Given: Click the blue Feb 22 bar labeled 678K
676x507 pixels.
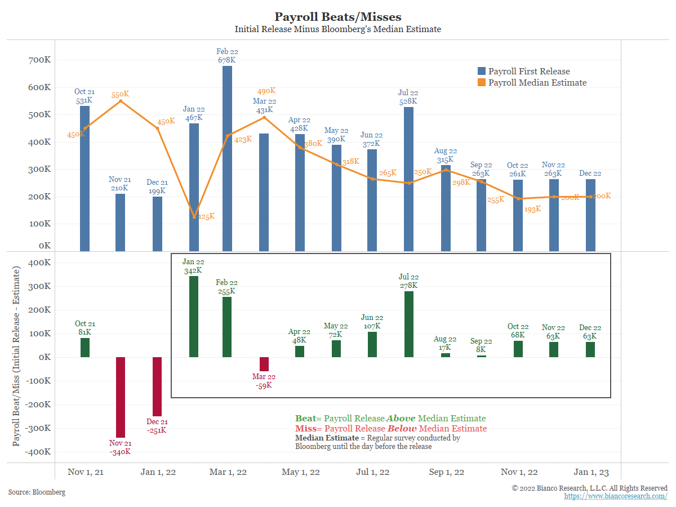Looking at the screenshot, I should click(227, 158).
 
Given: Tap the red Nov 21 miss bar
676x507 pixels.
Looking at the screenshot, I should click(120, 397).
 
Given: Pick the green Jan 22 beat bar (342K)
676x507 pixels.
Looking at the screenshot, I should click(194, 317).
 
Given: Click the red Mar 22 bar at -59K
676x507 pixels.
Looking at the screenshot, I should click(264, 364).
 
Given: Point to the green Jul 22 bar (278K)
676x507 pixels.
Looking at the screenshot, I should click(409, 324).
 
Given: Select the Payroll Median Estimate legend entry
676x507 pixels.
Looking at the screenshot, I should click(532, 83).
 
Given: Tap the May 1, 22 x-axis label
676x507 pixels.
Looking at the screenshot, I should click(301, 472).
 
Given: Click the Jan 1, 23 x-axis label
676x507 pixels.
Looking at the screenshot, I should click(590, 472).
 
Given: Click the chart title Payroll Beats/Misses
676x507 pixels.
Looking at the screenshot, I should click(337, 17).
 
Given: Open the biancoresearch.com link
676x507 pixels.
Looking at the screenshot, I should click(616, 496).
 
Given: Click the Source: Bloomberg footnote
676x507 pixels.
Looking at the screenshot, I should click(37, 492).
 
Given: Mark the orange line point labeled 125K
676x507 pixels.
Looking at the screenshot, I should click(194, 217).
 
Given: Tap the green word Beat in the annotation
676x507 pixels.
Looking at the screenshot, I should click(305, 419).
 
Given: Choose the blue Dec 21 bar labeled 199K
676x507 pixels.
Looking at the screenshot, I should click(157, 224).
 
